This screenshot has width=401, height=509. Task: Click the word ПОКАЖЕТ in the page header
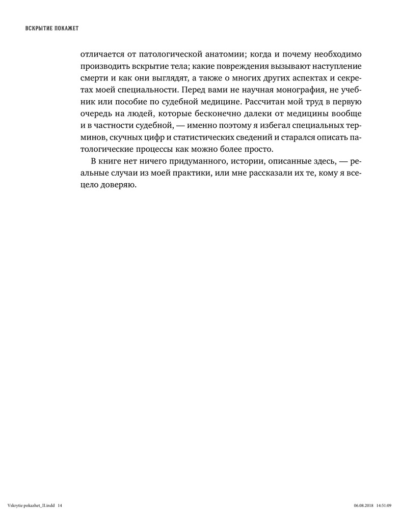(x=65, y=28)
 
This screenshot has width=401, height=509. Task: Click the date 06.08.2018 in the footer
(x=363, y=505)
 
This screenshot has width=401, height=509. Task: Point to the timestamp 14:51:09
(x=384, y=505)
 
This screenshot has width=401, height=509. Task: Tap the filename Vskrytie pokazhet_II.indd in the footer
(x=31, y=505)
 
